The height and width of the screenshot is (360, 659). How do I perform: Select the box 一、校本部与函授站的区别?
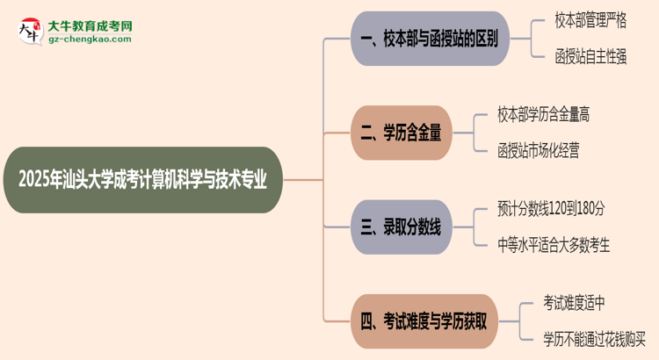point(430,39)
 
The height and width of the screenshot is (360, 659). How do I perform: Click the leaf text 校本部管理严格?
point(591,20)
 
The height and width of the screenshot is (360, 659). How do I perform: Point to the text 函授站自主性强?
point(591,57)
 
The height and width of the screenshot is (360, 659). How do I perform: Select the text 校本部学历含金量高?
point(543,114)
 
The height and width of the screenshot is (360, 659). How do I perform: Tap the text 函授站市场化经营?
point(538,150)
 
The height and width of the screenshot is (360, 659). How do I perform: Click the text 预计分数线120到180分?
point(550,209)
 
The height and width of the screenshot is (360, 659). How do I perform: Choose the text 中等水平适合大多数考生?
point(553,245)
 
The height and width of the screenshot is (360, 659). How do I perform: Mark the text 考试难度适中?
point(574,303)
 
